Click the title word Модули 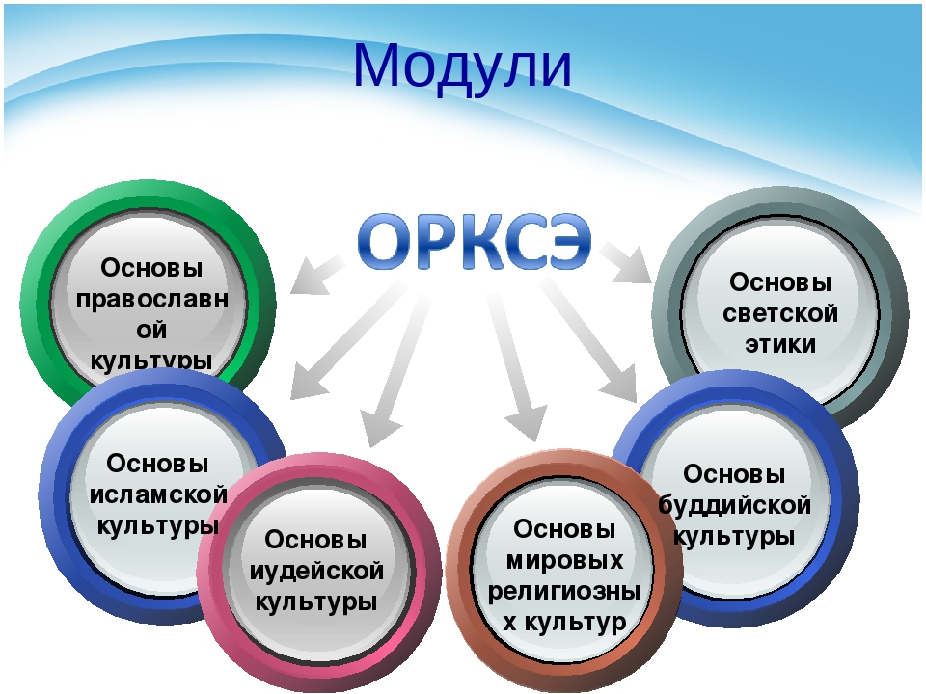[462, 67]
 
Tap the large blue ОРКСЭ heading [475, 241]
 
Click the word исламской [158, 494]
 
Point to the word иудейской [316, 572]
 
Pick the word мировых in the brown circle [564, 560]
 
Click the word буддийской [735, 505]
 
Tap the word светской [780, 312]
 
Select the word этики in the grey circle [780, 344]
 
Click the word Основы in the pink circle [315, 540]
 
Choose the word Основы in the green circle [151, 268]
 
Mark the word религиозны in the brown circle [564, 592]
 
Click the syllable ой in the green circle [151, 331]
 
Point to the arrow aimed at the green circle [316, 275]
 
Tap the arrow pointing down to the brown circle [515, 366]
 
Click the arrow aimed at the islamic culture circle [349, 341]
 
